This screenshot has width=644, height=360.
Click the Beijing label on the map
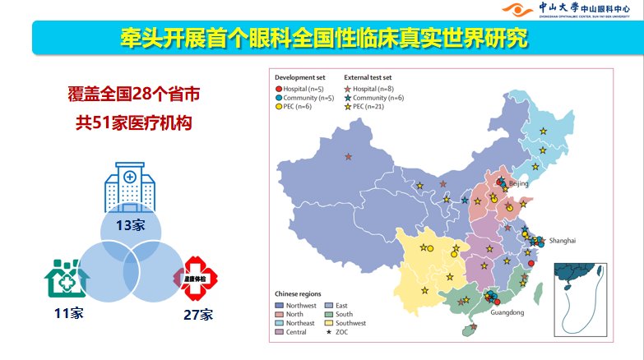click(518, 183)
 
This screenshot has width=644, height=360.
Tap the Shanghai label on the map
click(563, 240)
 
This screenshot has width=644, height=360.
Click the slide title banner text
click(322, 38)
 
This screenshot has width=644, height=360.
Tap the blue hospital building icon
click(129, 188)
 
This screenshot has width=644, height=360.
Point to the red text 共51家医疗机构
click(133, 124)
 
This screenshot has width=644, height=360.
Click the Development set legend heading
click(301, 76)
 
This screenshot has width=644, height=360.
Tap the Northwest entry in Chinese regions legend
click(297, 304)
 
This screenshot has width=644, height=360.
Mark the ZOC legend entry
click(339, 332)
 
